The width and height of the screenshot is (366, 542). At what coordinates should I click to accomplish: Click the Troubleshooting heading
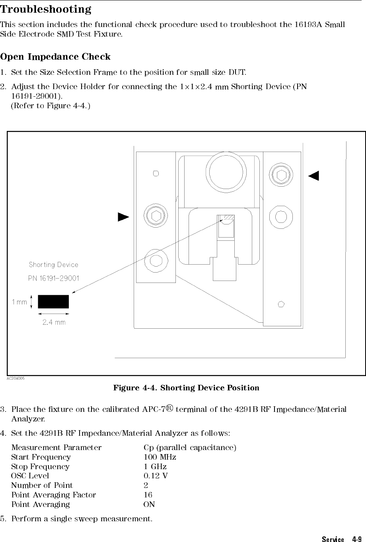tap(46, 9)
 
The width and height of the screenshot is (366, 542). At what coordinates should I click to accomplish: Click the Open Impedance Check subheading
tap(55, 57)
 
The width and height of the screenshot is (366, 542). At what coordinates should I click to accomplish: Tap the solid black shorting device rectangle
tap(53, 302)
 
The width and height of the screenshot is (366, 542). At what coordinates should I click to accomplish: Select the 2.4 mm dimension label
tap(54, 322)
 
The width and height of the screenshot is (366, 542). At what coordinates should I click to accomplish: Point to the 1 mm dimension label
tap(19, 302)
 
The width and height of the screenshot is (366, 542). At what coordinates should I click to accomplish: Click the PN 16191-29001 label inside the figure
tap(54, 278)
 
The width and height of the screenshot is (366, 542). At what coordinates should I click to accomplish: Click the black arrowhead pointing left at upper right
tap(314, 175)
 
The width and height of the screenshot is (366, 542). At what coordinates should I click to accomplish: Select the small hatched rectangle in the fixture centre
tap(229, 217)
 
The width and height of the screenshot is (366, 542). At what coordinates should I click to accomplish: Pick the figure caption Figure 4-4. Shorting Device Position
tap(186, 388)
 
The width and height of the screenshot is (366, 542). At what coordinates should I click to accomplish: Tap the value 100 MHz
tap(160, 457)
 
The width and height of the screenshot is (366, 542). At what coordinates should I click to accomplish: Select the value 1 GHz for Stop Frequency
tap(155, 467)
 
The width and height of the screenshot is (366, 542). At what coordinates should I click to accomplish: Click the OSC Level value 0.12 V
tap(156, 476)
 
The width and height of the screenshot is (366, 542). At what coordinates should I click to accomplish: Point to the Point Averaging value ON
tap(149, 505)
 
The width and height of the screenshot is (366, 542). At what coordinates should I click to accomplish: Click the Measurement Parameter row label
tap(56, 448)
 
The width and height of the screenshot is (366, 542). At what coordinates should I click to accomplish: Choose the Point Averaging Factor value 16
tap(148, 495)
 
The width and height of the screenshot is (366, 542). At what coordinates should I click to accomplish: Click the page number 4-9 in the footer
tap(356, 540)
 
